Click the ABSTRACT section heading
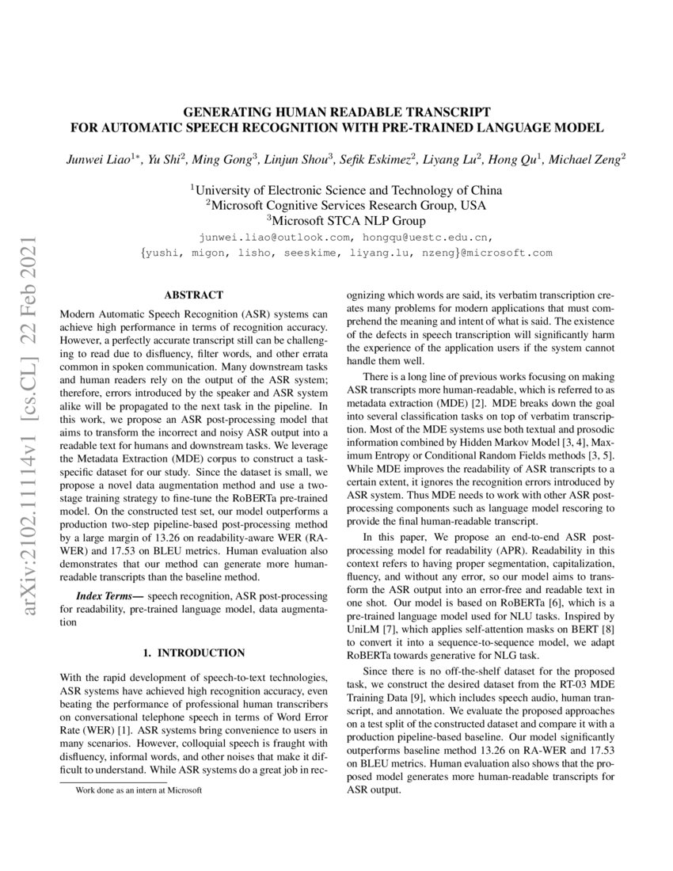point(193,295)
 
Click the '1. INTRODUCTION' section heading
point(193,652)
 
